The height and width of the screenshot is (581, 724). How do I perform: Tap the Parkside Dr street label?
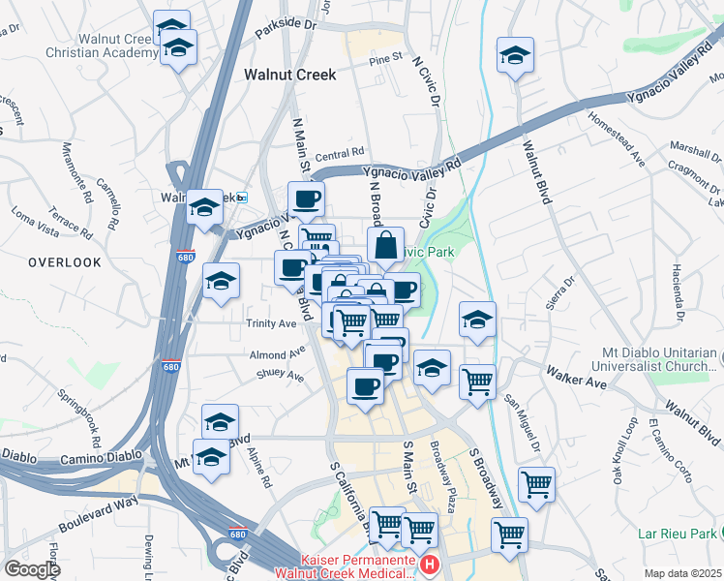[x=286, y=30]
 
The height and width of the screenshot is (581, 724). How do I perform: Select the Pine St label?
[x=384, y=59]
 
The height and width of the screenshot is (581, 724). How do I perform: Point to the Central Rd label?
[x=339, y=153]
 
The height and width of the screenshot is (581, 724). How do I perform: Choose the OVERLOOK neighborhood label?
[x=64, y=262]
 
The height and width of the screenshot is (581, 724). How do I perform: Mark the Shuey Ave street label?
[x=282, y=377]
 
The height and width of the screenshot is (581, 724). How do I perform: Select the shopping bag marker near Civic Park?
[x=385, y=246]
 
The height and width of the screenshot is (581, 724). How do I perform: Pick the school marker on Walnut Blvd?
[x=516, y=55]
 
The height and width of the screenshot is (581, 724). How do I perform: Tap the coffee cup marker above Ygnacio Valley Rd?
[x=306, y=199]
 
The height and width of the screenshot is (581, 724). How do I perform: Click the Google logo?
[x=32, y=569]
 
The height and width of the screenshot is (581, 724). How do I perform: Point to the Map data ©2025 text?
[x=682, y=573]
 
